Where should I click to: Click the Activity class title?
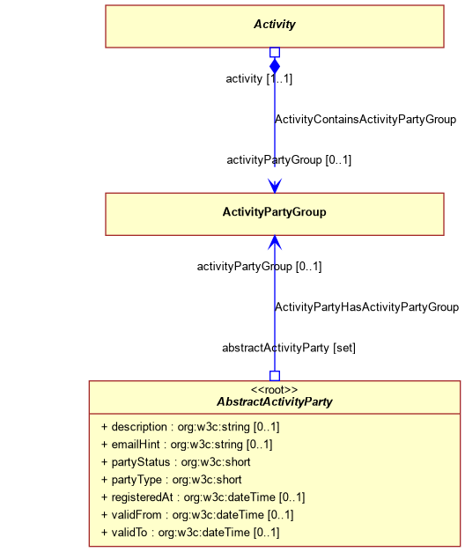[x=275, y=25]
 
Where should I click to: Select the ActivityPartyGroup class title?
[x=275, y=212]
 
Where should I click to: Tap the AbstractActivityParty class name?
[x=275, y=401]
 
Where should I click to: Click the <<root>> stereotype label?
[x=275, y=390]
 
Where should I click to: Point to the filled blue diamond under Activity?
[x=275, y=66]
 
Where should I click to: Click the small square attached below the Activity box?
[x=275, y=52]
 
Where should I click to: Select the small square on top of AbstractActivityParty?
[x=275, y=376]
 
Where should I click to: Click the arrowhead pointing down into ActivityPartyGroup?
[x=275, y=186]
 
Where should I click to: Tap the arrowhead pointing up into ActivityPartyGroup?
[x=275, y=243]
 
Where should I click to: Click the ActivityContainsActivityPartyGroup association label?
[x=365, y=120]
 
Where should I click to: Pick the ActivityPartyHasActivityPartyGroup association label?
[x=366, y=307]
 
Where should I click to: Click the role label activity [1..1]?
[x=259, y=78]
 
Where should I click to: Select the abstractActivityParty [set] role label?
[x=289, y=348]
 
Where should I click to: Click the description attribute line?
[x=190, y=427]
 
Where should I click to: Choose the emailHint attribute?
[x=187, y=445]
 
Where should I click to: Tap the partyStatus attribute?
[x=176, y=462]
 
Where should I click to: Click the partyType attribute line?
[x=172, y=480]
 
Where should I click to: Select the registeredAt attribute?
[x=203, y=497]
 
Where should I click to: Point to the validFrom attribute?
[x=197, y=515]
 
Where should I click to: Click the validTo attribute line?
[x=190, y=533]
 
